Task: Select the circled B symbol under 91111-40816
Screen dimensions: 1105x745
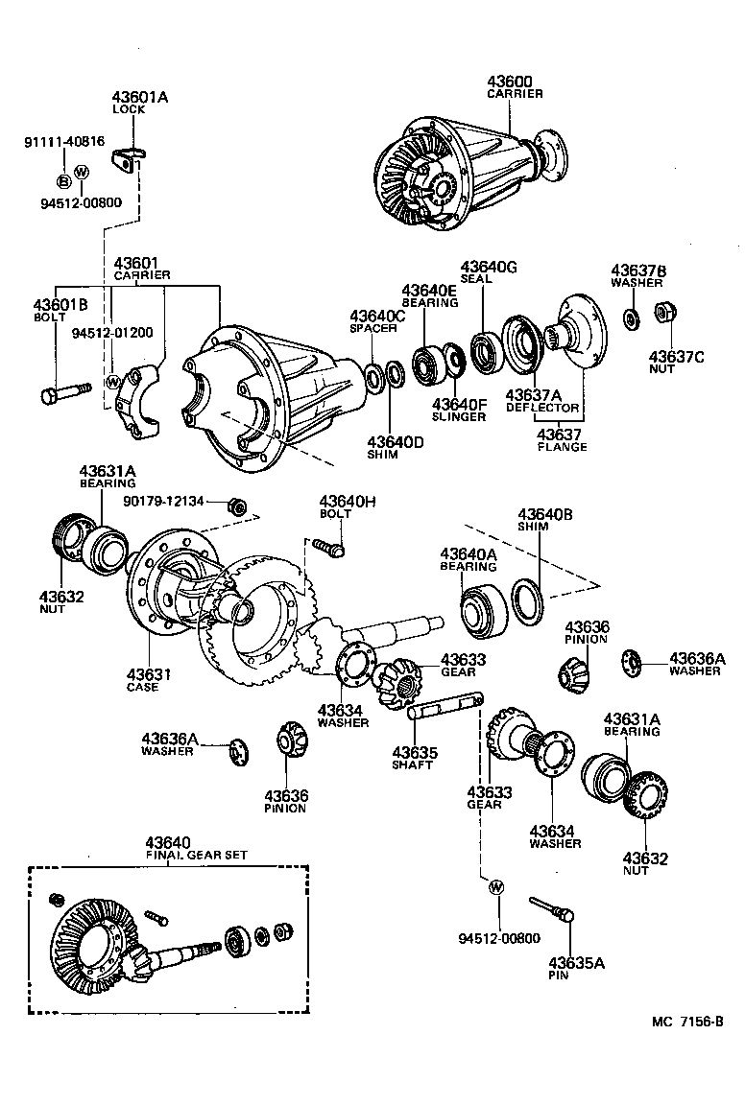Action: coord(63,180)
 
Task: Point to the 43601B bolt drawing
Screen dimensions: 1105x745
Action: coord(65,392)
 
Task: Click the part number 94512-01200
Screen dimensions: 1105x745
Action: coord(111,332)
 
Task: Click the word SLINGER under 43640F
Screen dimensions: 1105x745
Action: coord(458,417)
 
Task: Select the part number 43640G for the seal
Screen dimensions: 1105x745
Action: coord(489,267)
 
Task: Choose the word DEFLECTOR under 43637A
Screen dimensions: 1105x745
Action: coord(542,408)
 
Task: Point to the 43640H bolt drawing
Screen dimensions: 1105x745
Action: coord(329,548)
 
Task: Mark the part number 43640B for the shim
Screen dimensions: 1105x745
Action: coord(545,514)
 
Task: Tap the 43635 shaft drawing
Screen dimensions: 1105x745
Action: coord(445,712)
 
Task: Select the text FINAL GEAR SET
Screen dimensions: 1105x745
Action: coord(167,855)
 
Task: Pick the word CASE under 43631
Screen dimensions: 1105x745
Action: coord(142,687)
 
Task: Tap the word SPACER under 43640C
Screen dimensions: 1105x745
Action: coord(373,328)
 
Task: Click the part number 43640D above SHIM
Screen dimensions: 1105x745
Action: coord(395,442)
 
